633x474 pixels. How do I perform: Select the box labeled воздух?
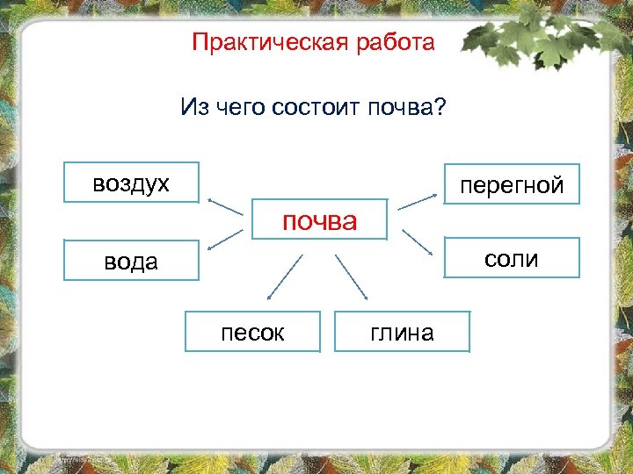point(132,183)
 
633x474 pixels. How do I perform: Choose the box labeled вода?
point(132,260)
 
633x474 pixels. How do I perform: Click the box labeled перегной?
point(511,184)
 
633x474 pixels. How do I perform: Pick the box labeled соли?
point(511,258)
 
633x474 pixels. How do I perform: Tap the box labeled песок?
point(252,332)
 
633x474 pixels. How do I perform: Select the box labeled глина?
point(402,332)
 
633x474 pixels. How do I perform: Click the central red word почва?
point(319,220)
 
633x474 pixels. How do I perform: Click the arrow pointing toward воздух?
point(225,206)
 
